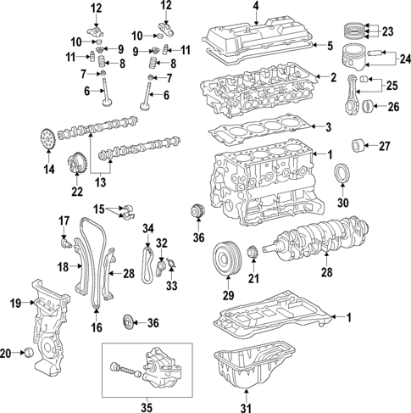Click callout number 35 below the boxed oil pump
point(153,405)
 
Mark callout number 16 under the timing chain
point(95,326)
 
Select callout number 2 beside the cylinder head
point(333,78)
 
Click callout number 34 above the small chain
point(148,227)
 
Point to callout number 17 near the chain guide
point(64,221)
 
